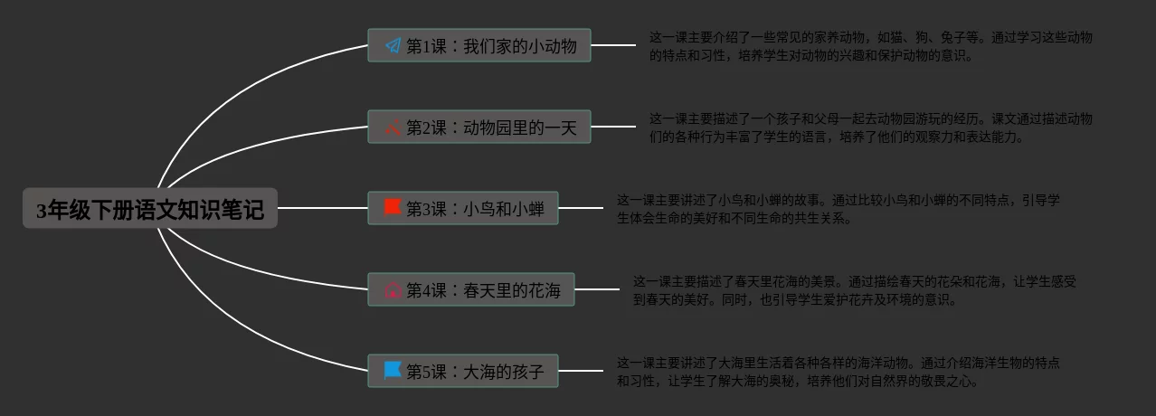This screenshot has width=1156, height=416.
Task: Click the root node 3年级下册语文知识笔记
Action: (x=150, y=209)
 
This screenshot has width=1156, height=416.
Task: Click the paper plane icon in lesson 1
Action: (x=393, y=45)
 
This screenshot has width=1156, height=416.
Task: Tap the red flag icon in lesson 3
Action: (x=393, y=208)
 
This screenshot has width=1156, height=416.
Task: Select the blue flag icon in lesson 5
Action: (x=393, y=370)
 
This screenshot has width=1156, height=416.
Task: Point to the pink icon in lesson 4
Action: (x=393, y=290)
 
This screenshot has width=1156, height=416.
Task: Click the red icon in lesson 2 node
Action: (x=393, y=128)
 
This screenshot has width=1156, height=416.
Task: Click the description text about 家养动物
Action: (x=870, y=46)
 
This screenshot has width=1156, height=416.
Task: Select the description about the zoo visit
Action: (x=870, y=128)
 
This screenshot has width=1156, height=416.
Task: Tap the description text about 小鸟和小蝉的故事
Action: (x=839, y=209)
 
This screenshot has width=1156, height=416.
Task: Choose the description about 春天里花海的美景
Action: (x=854, y=290)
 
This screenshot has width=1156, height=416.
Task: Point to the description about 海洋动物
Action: (x=839, y=372)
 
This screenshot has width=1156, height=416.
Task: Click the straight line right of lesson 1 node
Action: (x=613, y=45)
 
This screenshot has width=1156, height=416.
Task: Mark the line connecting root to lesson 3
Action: (x=322, y=208)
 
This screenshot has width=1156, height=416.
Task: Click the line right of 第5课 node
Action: (x=581, y=371)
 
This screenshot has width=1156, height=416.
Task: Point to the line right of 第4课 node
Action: (x=597, y=290)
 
